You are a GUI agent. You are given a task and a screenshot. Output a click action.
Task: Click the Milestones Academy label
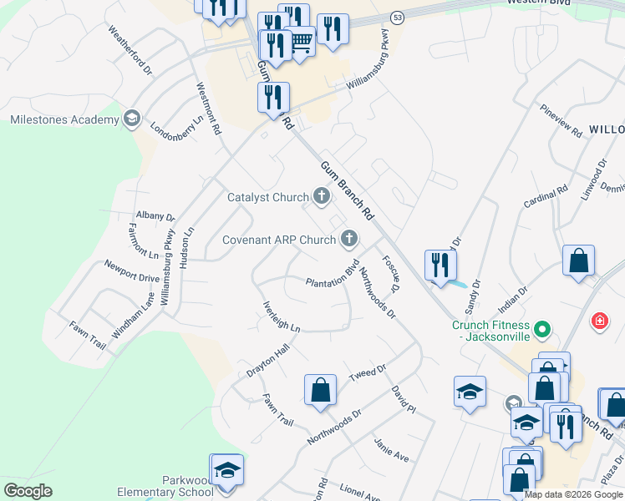pos(64,119)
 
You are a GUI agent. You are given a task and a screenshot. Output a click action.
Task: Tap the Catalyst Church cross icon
pos(321,198)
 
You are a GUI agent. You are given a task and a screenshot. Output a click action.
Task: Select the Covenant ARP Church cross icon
pos(350,240)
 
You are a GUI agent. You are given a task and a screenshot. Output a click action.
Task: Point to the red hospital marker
pos(599,320)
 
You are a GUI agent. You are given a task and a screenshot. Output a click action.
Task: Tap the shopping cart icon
pos(300,41)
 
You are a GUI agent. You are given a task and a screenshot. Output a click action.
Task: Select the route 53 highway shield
pos(397,17)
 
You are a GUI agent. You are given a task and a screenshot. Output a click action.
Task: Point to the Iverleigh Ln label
pos(281,316)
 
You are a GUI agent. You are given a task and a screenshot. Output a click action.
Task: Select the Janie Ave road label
pos(391,451)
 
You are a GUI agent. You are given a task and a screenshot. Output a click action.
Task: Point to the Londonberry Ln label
pos(176,129)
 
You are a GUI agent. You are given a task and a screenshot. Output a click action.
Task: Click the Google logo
pos(28,491)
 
